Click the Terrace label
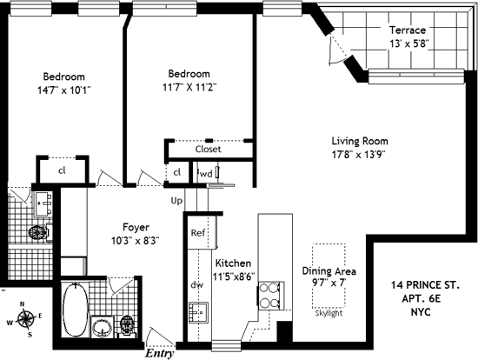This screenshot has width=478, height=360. pyautogui.click(x=408, y=30)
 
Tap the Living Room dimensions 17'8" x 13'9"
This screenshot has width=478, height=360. pyautogui.click(x=358, y=155)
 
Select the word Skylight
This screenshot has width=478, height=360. pyautogui.click(x=329, y=313)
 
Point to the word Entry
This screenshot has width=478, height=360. pyautogui.click(x=159, y=353)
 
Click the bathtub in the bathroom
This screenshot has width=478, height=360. pyautogui.click(x=76, y=310)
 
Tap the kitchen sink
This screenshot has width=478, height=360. pyautogui.click(x=198, y=312)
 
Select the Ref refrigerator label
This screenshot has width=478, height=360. pyautogui.click(x=198, y=233)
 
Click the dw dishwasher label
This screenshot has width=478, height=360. pyautogui.click(x=196, y=285)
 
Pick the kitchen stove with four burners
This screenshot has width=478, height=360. pyautogui.click(x=271, y=296)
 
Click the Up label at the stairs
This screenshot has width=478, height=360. pyautogui.click(x=176, y=201)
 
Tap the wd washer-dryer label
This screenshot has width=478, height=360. pyautogui.click(x=205, y=174)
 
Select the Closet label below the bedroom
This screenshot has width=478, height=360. pyautogui.click(x=209, y=149)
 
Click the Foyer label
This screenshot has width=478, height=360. pyautogui.click(x=136, y=227)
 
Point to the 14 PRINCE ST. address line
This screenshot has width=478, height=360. pyautogui.click(x=425, y=285)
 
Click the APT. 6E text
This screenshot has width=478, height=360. pyautogui.click(x=422, y=298)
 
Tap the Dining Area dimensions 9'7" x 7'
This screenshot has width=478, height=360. pyautogui.click(x=329, y=283)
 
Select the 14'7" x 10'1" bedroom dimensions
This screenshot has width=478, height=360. pyautogui.click(x=64, y=90)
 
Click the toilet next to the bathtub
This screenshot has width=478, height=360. pyautogui.click(x=127, y=326)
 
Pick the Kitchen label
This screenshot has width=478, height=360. pyautogui.click(x=234, y=263)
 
